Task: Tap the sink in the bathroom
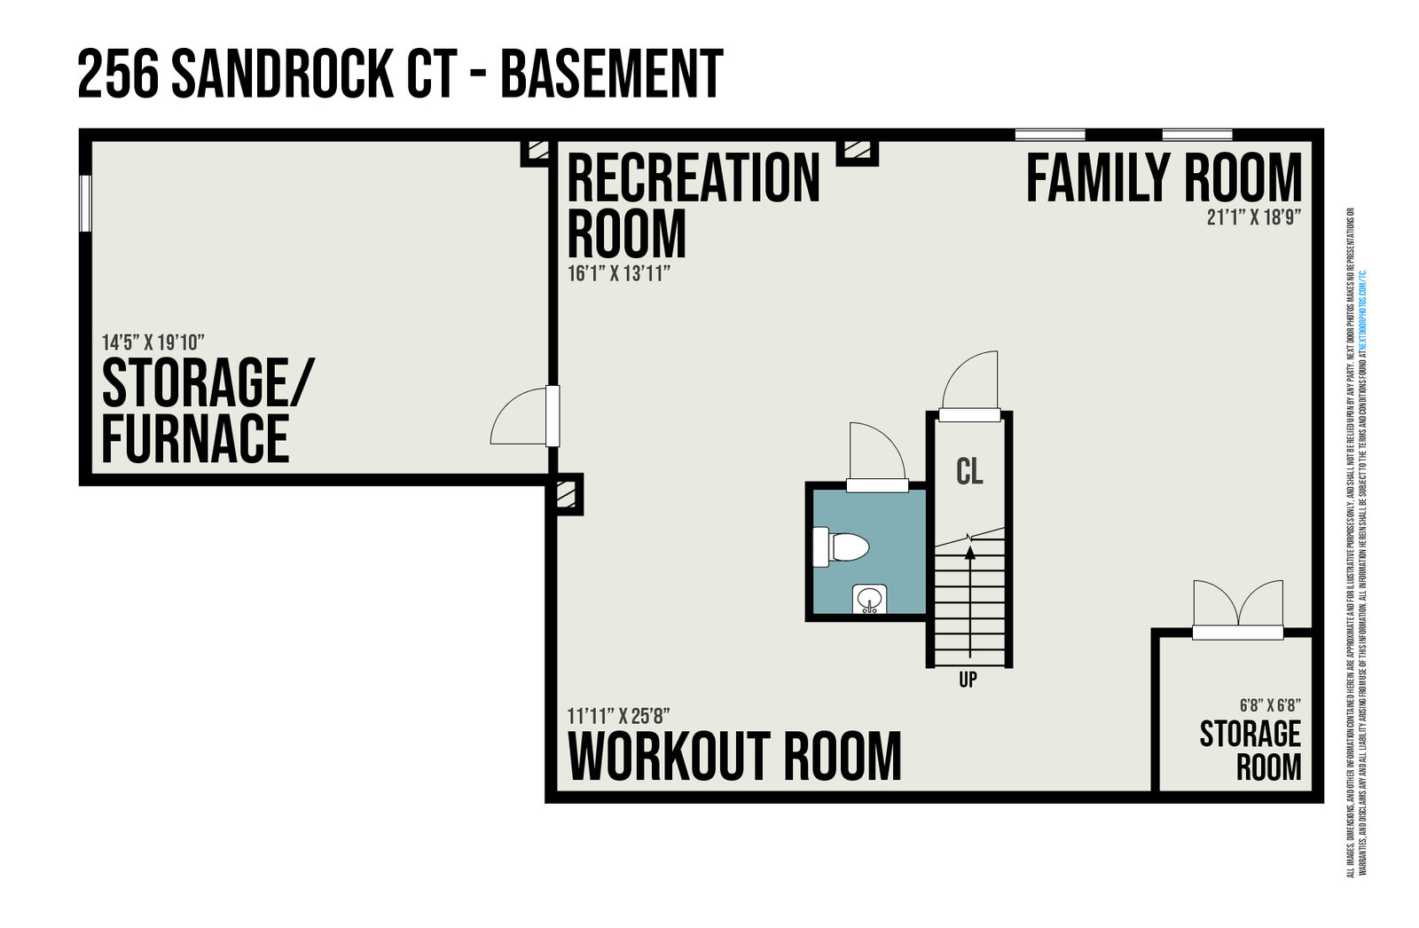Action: pos(869,600)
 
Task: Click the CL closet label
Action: pos(969,471)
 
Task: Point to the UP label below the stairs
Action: pos(968,680)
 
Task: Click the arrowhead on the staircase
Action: pos(969,552)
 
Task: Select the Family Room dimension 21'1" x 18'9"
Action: pos(1253,217)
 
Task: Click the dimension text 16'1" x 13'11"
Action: pos(618,273)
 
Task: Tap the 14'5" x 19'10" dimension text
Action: pos(153,342)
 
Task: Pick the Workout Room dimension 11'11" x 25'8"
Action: pos(618,715)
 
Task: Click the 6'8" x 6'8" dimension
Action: pos(1270,706)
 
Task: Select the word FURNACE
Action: pos(196,438)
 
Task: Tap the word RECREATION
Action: pos(694,178)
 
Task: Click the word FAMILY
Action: pos(1098,178)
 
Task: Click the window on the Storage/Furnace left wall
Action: pos(86,203)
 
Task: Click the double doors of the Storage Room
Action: pos(1237,612)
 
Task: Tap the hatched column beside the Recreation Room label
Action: pos(857,151)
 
